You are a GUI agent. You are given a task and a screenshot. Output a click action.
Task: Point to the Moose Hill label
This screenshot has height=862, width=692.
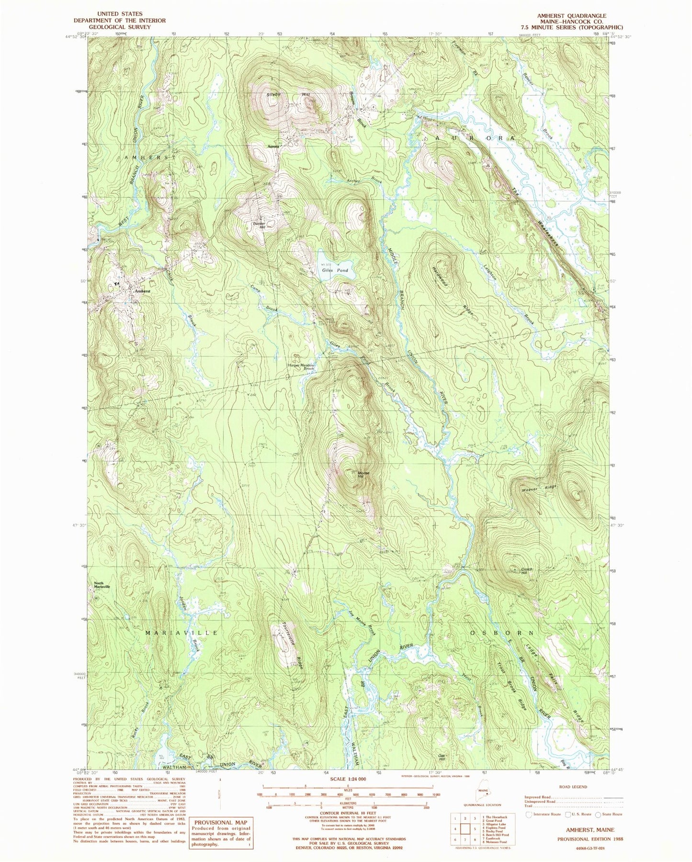[x=363, y=475]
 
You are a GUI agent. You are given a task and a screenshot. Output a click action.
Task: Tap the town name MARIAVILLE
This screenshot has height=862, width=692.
[x=181, y=633]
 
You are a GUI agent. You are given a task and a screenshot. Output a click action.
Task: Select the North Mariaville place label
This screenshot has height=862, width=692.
[x=102, y=585]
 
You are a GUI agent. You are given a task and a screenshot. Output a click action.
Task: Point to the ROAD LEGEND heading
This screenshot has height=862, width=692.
[x=572, y=786]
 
